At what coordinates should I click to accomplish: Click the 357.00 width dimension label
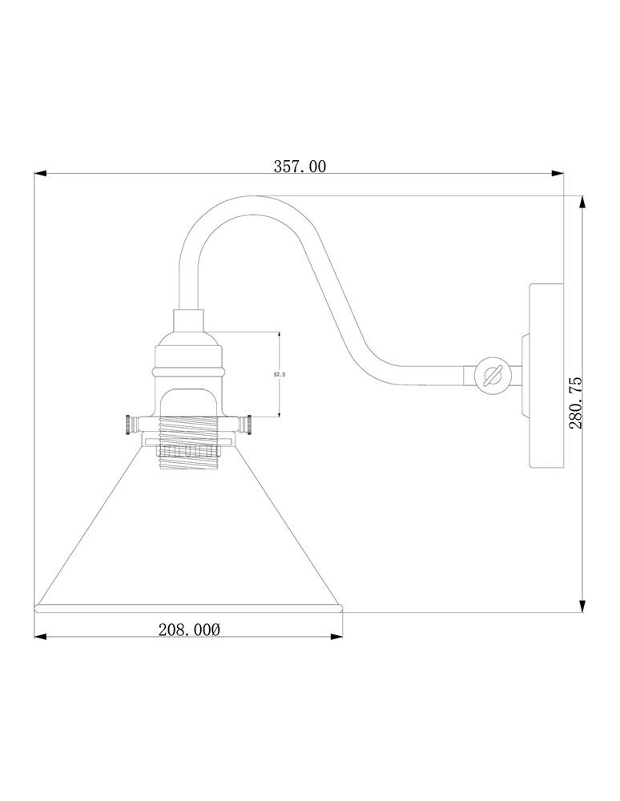300,167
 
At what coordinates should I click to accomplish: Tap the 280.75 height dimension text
575,403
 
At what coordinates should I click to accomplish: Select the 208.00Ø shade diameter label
189,630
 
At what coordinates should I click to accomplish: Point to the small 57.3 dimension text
280,374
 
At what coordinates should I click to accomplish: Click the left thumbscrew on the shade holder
131,425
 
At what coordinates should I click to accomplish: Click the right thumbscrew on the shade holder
246,425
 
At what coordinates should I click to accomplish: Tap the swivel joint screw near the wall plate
489,376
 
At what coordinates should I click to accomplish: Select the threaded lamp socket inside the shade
188,442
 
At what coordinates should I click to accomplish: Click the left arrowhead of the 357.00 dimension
40,174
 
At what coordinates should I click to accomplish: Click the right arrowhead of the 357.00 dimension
558,174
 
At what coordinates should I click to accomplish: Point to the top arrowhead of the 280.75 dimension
582,203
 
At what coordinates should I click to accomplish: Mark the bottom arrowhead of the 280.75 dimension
582,606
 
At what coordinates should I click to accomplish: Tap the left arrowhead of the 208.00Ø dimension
40,637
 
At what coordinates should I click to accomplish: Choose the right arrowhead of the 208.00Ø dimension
336,637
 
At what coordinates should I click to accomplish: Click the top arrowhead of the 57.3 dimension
280,335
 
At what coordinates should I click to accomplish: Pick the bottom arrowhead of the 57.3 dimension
280,413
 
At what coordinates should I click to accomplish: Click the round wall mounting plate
546,376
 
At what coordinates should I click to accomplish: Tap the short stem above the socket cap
188,320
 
